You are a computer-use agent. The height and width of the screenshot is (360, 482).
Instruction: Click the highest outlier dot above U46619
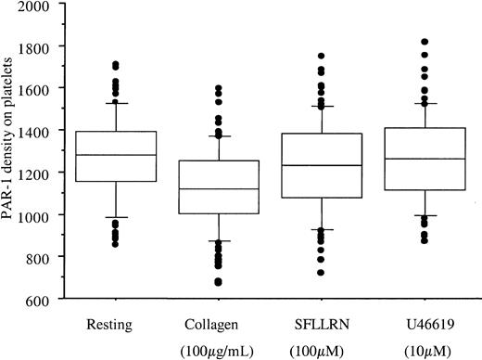pos(425,42)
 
